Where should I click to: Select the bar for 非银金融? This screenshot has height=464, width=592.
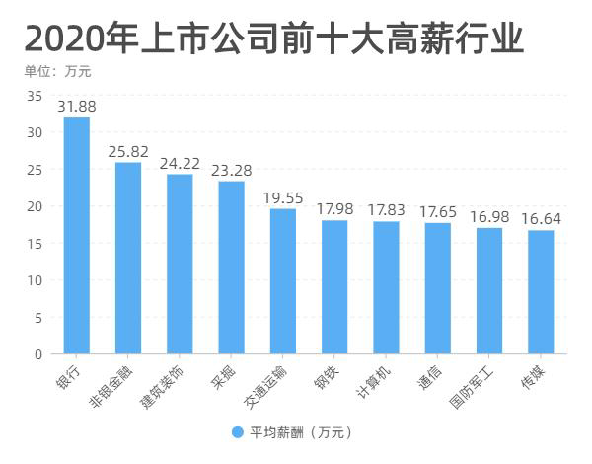point(128,258)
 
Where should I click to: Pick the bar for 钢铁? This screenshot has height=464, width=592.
point(334,286)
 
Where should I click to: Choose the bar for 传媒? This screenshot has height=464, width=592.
point(541,291)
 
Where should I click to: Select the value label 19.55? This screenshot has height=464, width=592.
point(283,197)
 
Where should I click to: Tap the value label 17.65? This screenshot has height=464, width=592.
point(438,211)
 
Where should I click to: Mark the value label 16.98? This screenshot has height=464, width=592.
point(489,216)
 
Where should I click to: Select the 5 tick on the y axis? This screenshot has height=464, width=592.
point(37,317)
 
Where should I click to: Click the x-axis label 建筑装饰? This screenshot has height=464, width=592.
point(163,388)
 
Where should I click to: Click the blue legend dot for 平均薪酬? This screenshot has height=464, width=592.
point(237,432)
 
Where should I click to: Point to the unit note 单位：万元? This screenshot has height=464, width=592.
point(63,71)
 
